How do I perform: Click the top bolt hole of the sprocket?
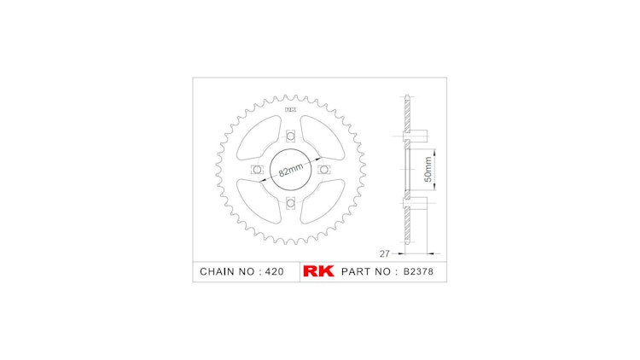click(290, 136)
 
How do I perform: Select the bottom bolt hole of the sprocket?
click(290, 202)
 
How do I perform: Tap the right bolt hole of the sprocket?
click(323, 170)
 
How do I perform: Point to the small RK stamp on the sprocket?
click(290, 110)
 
